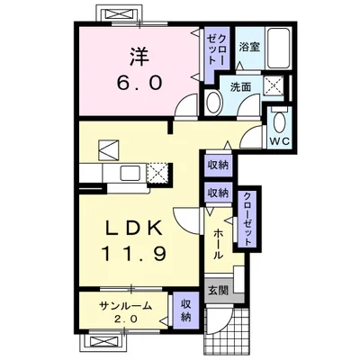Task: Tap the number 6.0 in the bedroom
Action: point(139,83)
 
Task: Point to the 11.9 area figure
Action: point(133,254)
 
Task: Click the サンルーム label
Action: point(125,306)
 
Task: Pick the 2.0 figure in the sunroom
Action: point(126,319)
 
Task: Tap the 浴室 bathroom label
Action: point(249,47)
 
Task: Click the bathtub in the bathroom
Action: point(279,49)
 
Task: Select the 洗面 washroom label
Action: point(240,87)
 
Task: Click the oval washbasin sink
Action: point(213,103)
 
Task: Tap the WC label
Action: point(280,141)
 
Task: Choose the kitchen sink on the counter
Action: point(130,173)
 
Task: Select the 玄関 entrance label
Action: point(219,290)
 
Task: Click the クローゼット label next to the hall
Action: point(247,219)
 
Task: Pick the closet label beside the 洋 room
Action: point(217,49)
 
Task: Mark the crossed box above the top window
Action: point(118,13)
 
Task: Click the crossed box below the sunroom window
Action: point(103,342)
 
